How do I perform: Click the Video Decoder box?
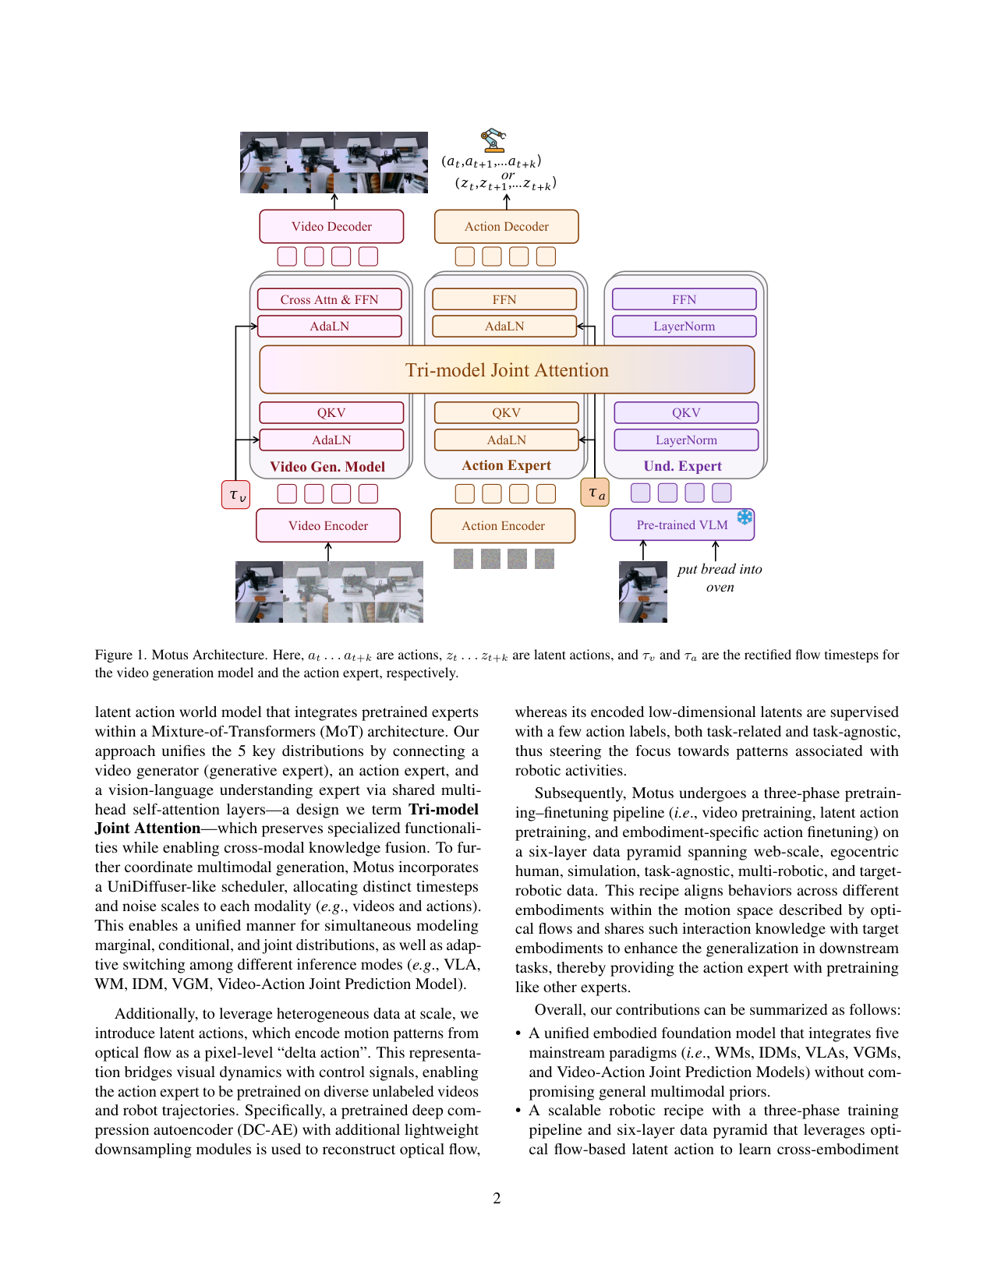click(x=331, y=226)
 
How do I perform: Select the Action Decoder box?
click(x=506, y=226)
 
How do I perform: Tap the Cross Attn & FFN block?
click(x=329, y=299)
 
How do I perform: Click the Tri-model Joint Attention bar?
click(x=507, y=370)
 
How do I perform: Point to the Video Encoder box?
click(x=328, y=525)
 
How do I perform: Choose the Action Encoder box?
click(x=503, y=525)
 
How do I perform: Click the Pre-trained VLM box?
click(x=682, y=525)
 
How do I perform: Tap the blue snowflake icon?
click(x=745, y=517)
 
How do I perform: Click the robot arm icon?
click(x=493, y=140)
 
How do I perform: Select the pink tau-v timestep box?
click(x=235, y=495)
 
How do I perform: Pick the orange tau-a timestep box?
click(x=595, y=493)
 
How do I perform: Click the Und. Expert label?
click(x=683, y=466)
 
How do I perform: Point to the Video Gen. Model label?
click(x=327, y=466)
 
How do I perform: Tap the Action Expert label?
click(x=506, y=465)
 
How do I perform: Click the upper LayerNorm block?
click(x=684, y=326)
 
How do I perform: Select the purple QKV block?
click(x=686, y=412)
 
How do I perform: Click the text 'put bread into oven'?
click(x=720, y=578)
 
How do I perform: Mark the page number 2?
click(x=497, y=1199)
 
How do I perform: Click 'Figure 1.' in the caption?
click(x=120, y=655)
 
